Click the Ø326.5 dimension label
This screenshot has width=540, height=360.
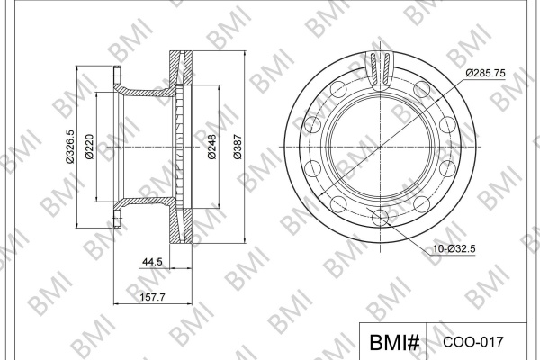click(x=70, y=147)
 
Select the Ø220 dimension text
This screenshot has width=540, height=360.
click(x=89, y=147)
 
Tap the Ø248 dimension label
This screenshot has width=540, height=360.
click(x=212, y=147)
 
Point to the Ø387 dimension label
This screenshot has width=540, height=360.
click(x=238, y=147)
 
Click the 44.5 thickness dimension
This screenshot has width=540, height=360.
click(x=152, y=262)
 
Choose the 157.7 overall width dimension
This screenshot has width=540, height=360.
click(x=153, y=297)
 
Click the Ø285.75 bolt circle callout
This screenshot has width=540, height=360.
click(x=486, y=73)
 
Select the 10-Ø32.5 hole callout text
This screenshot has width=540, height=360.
click(x=454, y=248)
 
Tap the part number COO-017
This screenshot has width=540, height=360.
click(x=473, y=342)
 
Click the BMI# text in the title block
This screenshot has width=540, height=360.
click(x=394, y=342)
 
